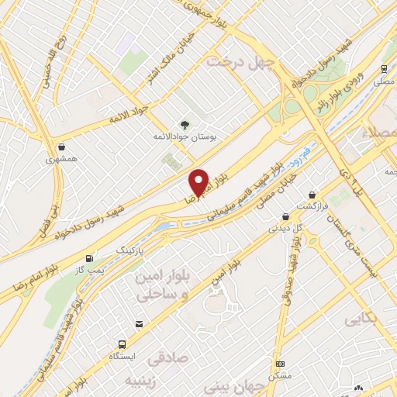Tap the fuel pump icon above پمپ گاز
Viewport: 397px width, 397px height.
tap(90, 257)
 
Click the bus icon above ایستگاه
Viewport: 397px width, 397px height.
tap(121, 344)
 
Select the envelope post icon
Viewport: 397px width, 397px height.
tap(139, 324)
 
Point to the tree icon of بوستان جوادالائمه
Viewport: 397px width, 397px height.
tap(184, 124)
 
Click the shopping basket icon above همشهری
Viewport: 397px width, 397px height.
tap(60, 146)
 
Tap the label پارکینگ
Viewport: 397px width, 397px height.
tap(131, 252)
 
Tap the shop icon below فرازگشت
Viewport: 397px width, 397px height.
tap(285, 216)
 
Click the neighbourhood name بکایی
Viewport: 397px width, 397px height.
tap(357, 319)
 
